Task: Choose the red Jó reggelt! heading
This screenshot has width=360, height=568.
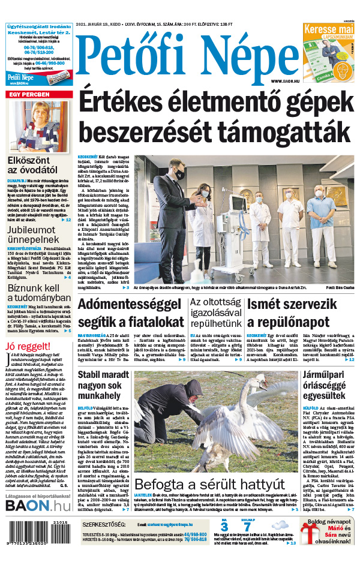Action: (x=28, y=346)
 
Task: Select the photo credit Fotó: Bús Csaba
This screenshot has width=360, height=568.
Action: (x=341, y=288)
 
